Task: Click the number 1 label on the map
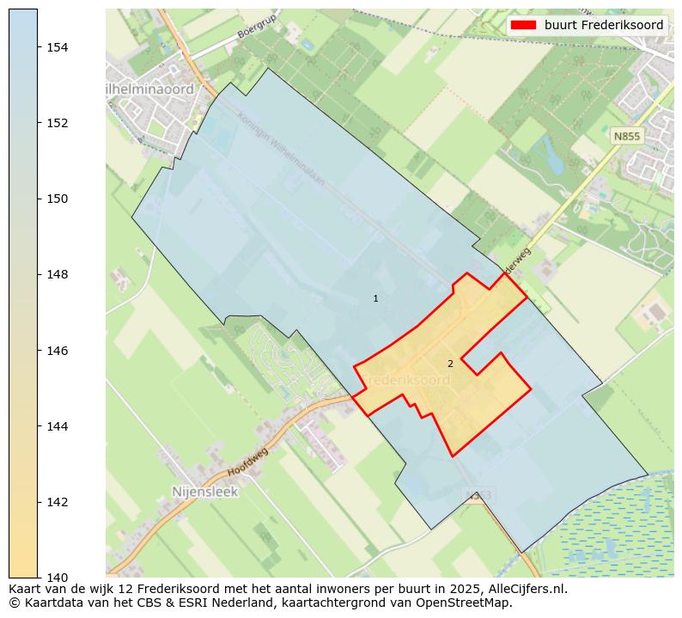coord(375,298)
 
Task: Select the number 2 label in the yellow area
coord(450,364)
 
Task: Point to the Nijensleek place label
coord(204,493)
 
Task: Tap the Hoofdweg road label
coord(249,462)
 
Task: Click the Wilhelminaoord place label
coord(151,89)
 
